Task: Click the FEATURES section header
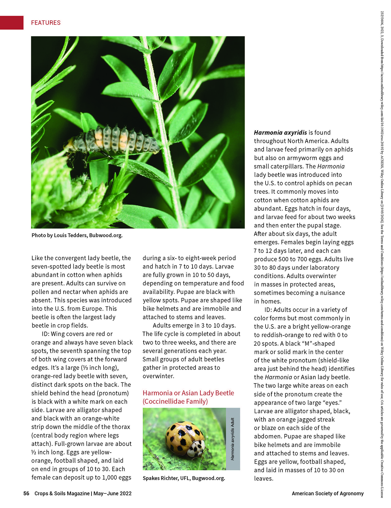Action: click(46, 23)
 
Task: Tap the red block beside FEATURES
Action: click(12, 23)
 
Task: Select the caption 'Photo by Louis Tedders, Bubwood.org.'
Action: click(77, 235)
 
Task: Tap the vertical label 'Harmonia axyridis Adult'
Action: click(233, 439)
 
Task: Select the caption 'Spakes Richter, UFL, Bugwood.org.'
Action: click(184, 478)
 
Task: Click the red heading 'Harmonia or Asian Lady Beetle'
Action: click(188, 393)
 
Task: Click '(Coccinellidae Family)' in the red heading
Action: click(175, 401)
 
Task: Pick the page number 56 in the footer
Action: click(26, 494)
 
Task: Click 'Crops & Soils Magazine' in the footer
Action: click(62, 494)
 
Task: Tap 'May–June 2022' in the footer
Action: click(112, 494)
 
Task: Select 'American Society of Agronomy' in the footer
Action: click(327, 494)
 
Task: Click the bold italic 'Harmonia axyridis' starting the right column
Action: click(280, 133)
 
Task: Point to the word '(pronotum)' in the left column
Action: click(113, 393)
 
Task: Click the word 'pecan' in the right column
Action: click(343, 183)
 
